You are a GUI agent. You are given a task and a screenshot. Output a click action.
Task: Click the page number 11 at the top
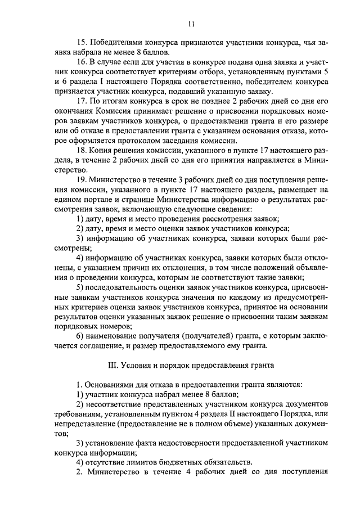click(x=191, y=24)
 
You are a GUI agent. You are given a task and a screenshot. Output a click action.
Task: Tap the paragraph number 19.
click(x=81, y=179)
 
